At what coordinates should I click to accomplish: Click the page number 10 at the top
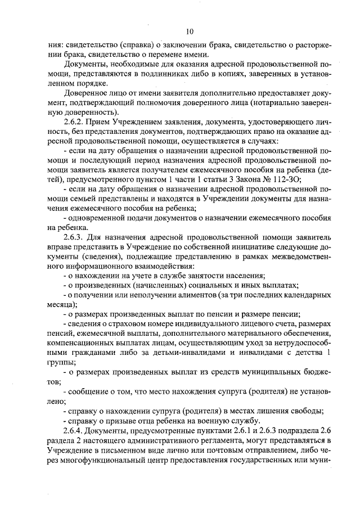tap(189, 31)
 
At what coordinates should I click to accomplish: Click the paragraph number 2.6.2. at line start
tap(76, 121)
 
